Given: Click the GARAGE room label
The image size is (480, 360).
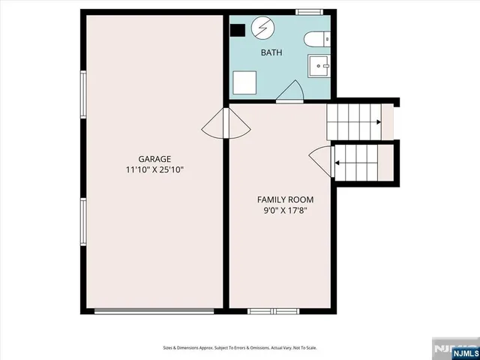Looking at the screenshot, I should click(x=154, y=159).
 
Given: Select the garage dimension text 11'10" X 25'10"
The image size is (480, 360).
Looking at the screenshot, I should click(x=154, y=170).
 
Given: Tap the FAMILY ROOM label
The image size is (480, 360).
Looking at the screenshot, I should click(x=285, y=199).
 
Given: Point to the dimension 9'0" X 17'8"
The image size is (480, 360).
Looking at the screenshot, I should click(x=285, y=211).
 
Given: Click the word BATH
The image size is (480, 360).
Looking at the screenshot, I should click(x=271, y=52).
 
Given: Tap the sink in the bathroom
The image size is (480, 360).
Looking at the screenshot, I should click(x=321, y=67).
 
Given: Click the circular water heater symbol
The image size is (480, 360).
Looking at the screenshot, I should click(x=262, y=29).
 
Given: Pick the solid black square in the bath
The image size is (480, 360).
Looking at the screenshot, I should click(x=237, y=30).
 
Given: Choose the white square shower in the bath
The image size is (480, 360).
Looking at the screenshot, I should click(x=244, y=82).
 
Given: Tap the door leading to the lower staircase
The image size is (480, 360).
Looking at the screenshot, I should click(x=320, y=160).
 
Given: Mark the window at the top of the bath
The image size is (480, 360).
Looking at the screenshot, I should click(x=308, y=12).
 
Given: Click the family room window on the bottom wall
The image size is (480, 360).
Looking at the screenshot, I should click(x=273, y=310).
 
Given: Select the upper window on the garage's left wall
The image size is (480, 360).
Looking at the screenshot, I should click(x=83, y=94).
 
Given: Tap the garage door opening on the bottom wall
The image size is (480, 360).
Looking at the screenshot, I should click(x=154, y=310).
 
